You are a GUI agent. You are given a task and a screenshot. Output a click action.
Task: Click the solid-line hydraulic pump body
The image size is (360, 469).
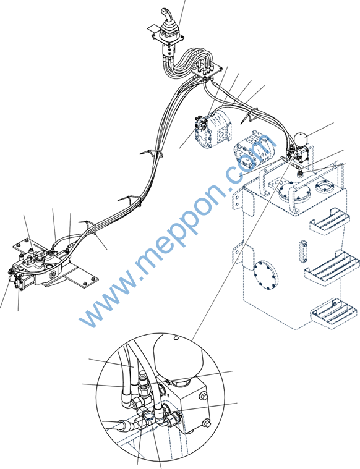click(x=213, y=129)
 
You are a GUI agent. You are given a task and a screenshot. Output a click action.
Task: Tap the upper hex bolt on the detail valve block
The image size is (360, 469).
click(x=203, y=395)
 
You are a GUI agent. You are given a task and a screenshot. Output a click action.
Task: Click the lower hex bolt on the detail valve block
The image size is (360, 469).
click(x=206, y=424)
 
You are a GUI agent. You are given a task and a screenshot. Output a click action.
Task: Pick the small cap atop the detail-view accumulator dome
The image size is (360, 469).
click(x=176, y=338)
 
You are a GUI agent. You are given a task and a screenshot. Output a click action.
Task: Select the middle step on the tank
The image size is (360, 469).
click(x=333, y=266)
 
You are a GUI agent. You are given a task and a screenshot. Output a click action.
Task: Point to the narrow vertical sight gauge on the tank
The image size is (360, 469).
click(x=303, y=251)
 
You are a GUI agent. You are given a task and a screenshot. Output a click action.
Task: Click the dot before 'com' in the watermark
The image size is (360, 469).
click(x=229, y=189)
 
